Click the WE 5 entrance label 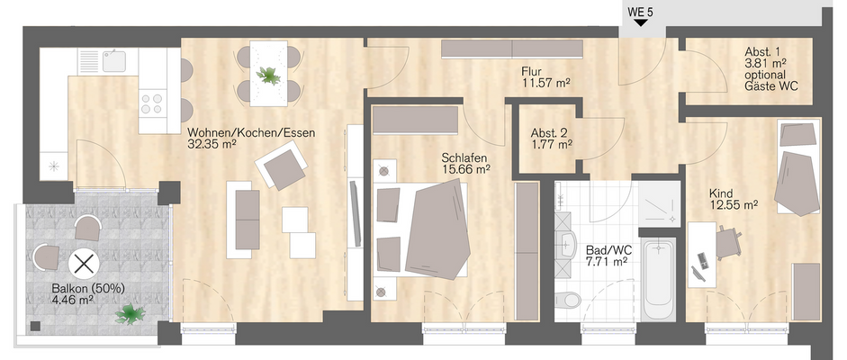click(x=640, y=11)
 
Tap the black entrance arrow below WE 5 click(x=641, y=22)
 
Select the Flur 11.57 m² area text click(x=546, y=77)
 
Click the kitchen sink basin click(x=114, y=60)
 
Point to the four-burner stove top click(x=152, y=104)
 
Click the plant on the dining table click(x=268, y=76)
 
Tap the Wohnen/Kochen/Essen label click(x=251, y=133)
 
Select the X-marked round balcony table click(x=83, y=264)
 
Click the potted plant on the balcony click(x=130, y=313)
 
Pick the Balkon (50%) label click(x=88, y=289)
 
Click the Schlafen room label click(x=464, y=158)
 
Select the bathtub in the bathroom click(x=658, y=280)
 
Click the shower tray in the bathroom click(x=659, y=202)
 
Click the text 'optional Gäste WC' click(x=770, y=80)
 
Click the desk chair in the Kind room click(x=727, y=243)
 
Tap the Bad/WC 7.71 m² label click(x=606, y=256)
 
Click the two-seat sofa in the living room click(x=248, y=219)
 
